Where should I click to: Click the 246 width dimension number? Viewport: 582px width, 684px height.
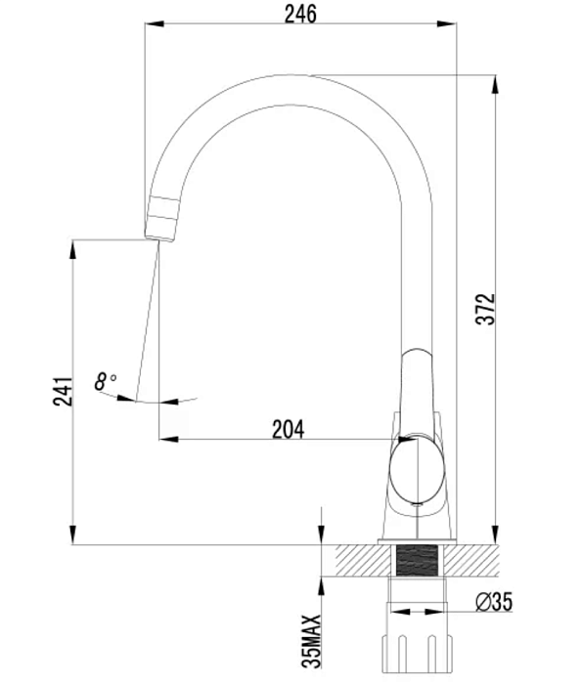pos(300,14)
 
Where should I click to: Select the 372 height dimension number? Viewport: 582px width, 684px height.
pos(485,309)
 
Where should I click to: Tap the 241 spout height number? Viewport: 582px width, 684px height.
pos(63,391)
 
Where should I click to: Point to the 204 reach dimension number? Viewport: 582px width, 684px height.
pos(289,429)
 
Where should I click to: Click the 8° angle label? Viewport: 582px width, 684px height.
pos(106,381)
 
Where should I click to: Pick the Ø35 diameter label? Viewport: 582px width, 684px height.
pos(494,602)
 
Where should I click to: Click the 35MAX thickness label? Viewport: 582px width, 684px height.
pos(311,641)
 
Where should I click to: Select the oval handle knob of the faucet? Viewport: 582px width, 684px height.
pos(417,470)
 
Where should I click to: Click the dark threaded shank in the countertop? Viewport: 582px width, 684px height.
pos(417,561)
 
